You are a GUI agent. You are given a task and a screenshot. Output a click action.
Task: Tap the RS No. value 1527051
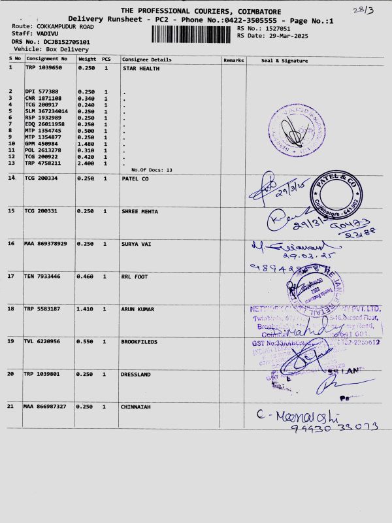point(278,29)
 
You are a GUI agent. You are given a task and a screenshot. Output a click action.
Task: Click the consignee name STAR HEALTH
point(141,67)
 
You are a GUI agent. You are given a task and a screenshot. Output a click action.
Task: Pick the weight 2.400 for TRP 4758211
point(87,163)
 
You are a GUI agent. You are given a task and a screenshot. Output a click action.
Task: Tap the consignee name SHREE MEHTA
point(140,211)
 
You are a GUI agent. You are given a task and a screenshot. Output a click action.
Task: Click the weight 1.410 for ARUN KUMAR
point(87,309)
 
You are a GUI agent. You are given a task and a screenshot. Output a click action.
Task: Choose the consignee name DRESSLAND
point(138,374)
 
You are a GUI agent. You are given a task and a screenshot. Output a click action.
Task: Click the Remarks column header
point(233,60)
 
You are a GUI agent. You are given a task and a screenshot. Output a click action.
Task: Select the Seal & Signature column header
point(284,60)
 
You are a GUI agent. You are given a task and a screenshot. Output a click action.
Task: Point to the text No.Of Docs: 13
point(152,170)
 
